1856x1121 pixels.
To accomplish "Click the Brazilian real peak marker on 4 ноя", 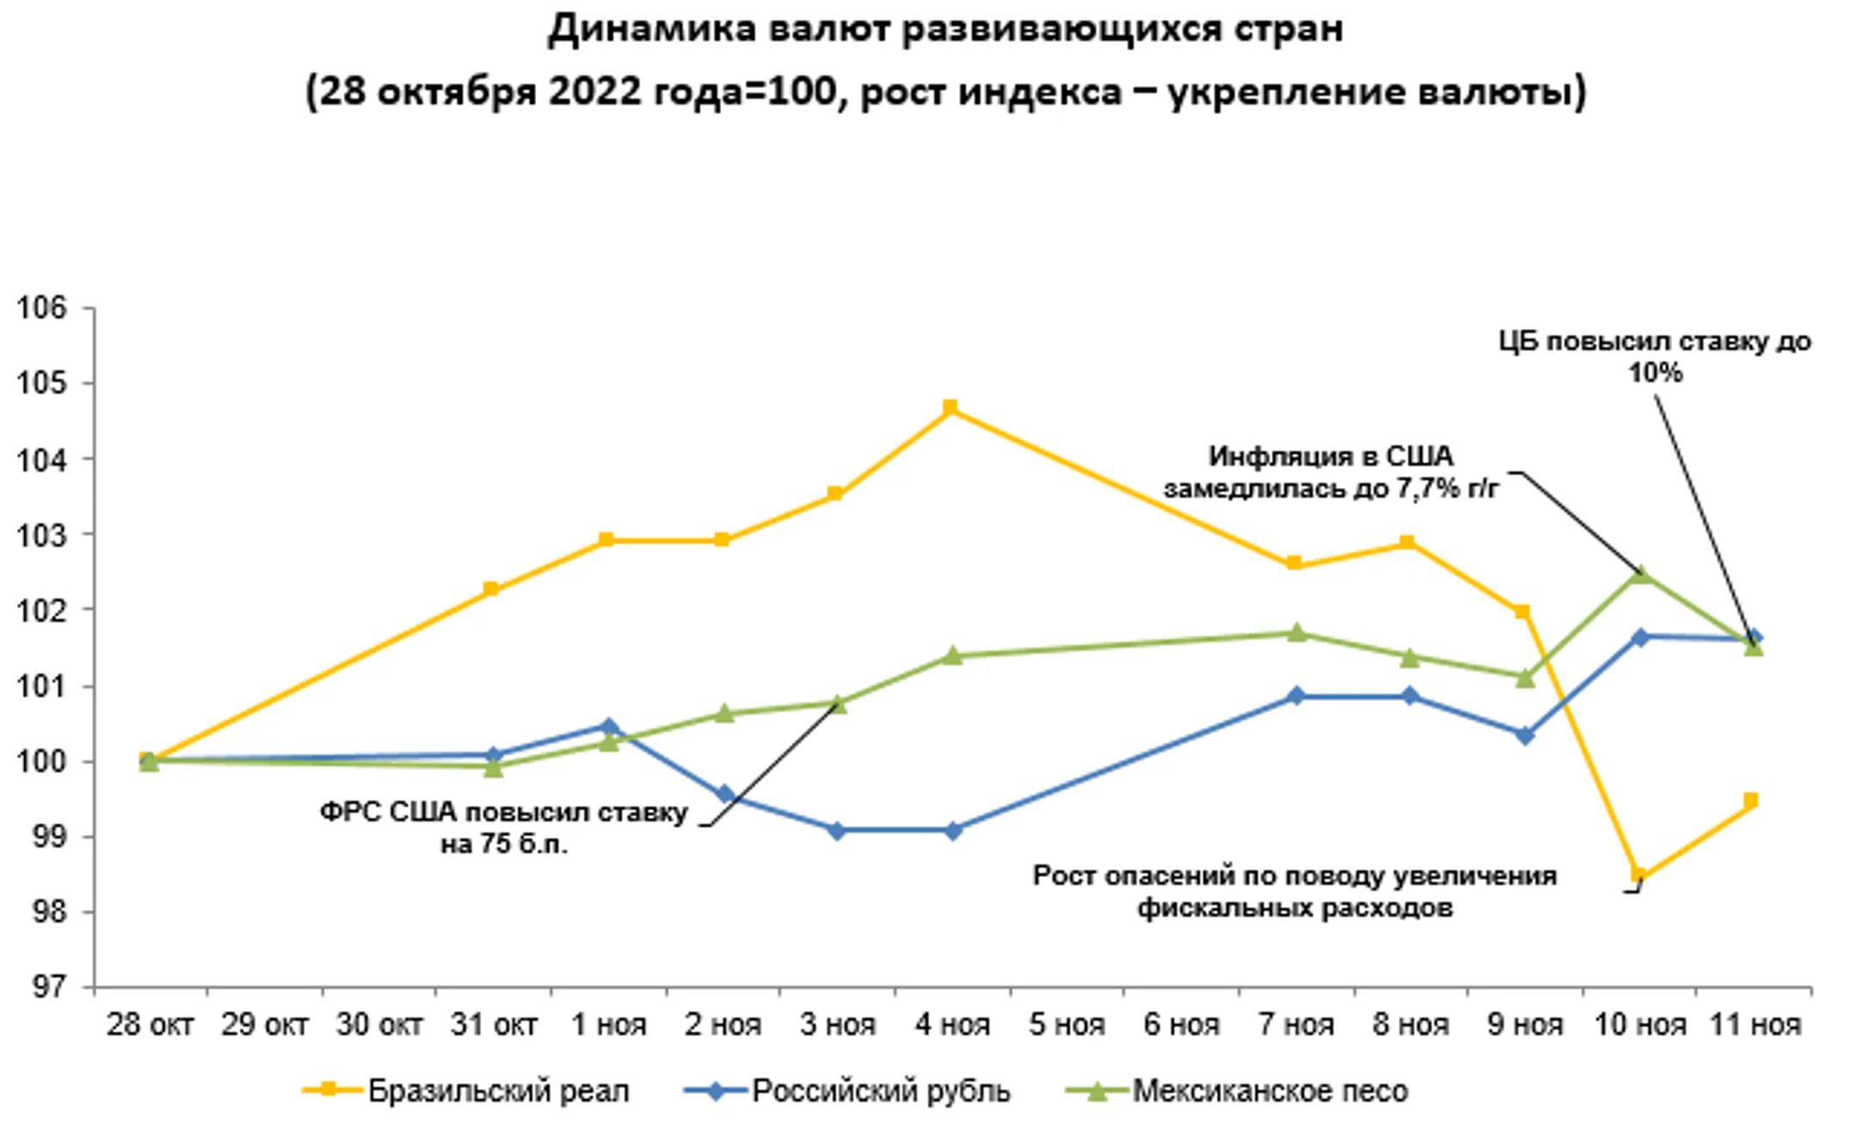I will coord(949,407).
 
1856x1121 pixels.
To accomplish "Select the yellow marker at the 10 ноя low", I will coord(1639,875).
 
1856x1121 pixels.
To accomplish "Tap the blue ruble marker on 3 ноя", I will coord(836,831).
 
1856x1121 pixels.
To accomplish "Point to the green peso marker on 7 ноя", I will coord(1296,633).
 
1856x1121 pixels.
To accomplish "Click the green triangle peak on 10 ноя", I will coord(1640,574).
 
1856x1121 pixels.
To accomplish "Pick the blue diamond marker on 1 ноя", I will coord(608,728).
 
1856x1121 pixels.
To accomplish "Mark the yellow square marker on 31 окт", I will coord(491,589).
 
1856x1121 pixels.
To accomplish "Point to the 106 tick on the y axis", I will coord(41,308).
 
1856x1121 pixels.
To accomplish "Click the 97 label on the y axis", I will coord(48,987).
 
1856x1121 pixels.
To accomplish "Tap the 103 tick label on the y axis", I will coord(41,534).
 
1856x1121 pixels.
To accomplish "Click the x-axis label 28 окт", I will coord(150,1025).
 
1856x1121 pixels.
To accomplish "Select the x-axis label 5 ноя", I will coord(1066,1025).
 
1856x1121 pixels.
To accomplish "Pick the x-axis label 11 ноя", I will coord(1755,1025).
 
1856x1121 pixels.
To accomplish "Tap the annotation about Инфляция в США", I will coord(1330,472).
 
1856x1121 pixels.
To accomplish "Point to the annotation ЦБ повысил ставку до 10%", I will coord(1655,356).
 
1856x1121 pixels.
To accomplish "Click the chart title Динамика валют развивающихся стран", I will coord(945,29).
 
